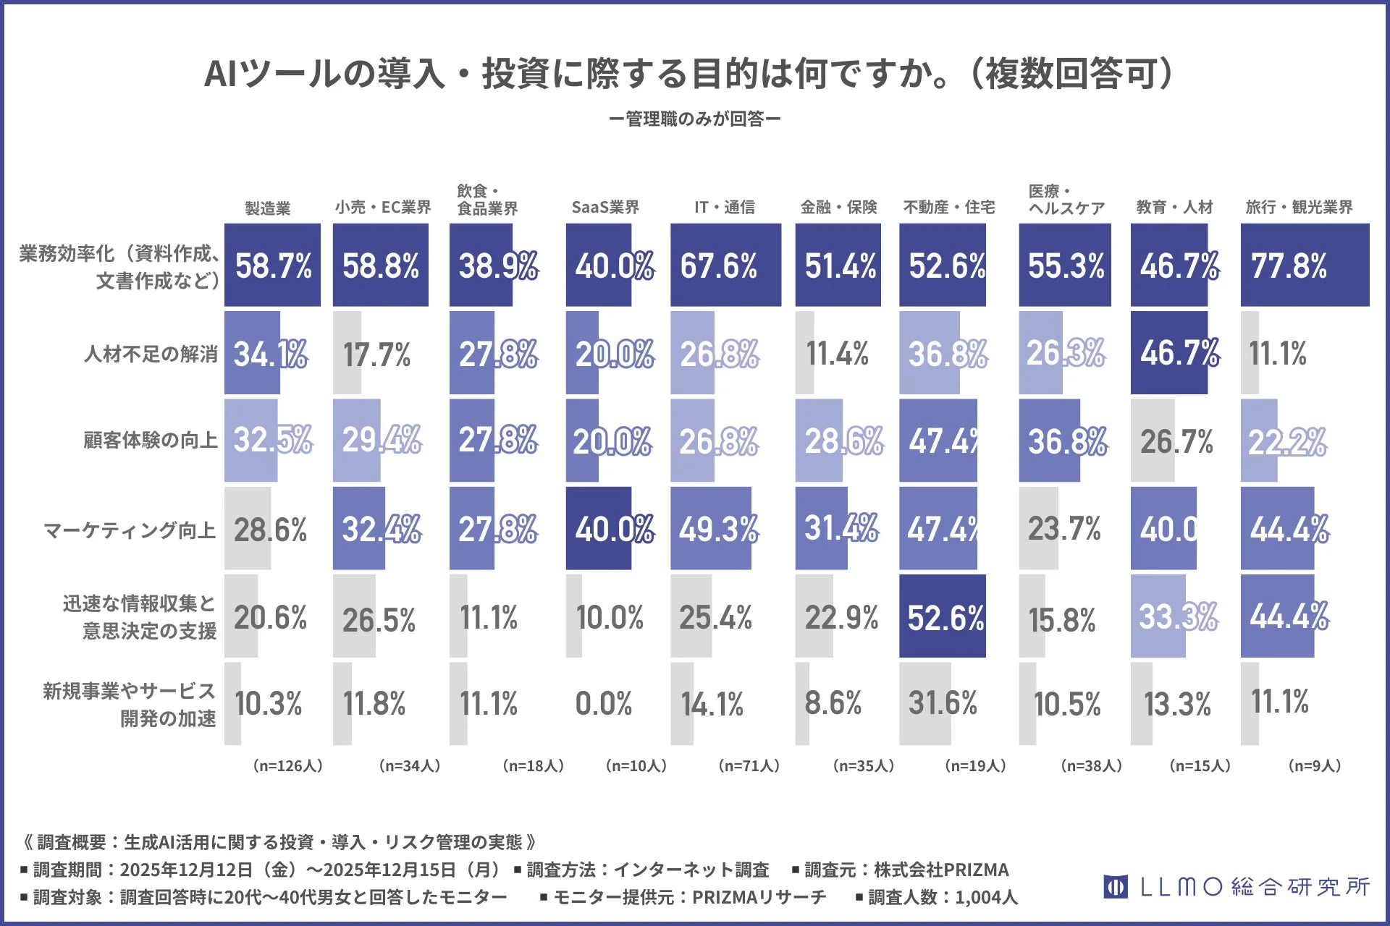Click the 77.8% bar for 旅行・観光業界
point(1305,266)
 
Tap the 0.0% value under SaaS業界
point(603,704)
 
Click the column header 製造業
point(267,208)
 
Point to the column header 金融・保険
point(838,208)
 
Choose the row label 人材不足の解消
point(151,354)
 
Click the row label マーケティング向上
point(130,530)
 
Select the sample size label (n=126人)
point(287,765)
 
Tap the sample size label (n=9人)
point(1314,765)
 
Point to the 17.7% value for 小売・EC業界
point(376,354)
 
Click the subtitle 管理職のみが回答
point(694,119)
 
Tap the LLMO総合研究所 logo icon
point(1115,886)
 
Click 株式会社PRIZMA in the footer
point(940,870)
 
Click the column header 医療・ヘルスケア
point(1066,200)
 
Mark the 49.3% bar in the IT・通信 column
point(711,529)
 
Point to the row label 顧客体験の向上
point(150,441)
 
